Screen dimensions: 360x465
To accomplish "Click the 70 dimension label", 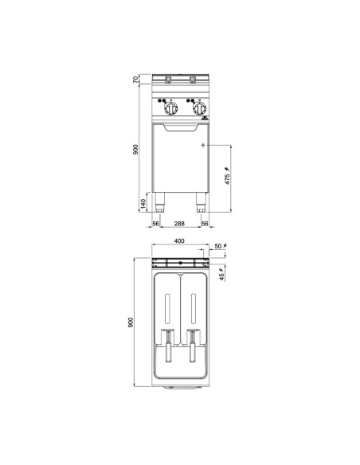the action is click(x=135, y=80).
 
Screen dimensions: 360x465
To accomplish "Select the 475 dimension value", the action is click(x=227, y=179).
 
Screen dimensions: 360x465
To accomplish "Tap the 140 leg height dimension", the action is click(x=143, y=204).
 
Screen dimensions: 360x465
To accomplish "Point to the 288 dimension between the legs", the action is click(x=179, y=224).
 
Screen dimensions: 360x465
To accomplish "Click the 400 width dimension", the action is click(x=179, y=240).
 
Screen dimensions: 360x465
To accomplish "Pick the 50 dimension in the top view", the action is click(x=218, y=246).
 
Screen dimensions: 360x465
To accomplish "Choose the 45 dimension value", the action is click(x=221, y=277).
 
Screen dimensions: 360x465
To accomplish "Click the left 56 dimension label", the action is click(x=155, y=224).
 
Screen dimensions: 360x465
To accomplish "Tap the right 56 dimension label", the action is click(x=205, y=224).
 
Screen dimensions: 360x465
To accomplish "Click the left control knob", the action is click(x=171, y=108).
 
